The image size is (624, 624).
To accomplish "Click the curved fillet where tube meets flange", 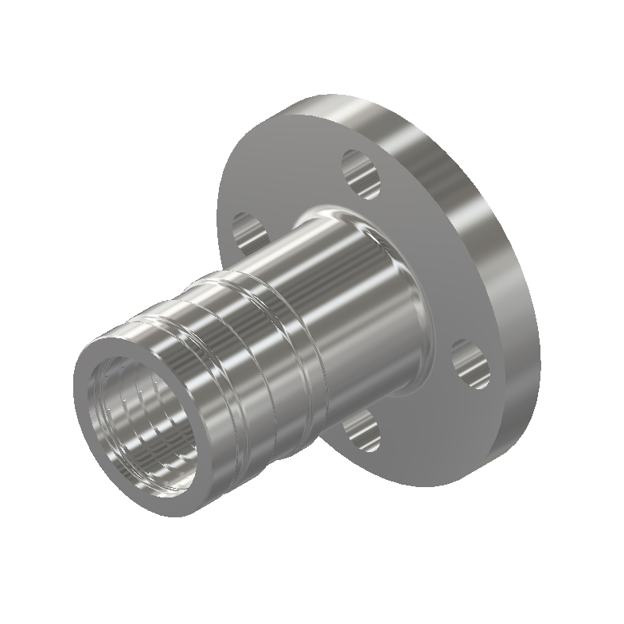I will coord(398,239).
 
